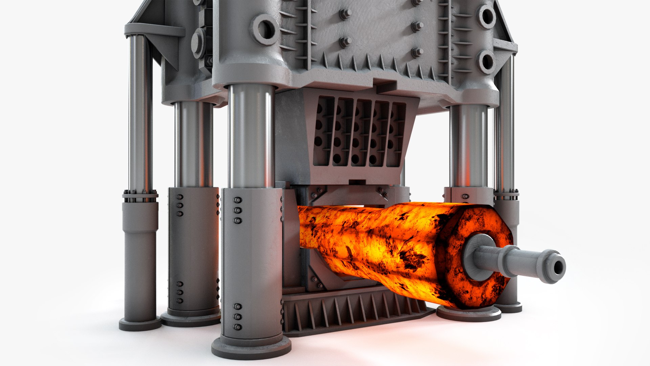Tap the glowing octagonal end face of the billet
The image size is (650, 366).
tap(474, 258)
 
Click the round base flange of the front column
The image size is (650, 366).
tap(251, 347)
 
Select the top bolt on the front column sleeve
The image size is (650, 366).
tap(237, 200)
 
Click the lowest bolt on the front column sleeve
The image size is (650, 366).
tap(237, 327)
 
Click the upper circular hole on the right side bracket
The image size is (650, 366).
tap(487, 16)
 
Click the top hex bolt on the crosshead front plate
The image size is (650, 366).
tap(345, 14)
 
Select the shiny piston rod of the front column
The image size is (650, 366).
tap(251, 136)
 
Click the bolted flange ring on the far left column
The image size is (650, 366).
tap(140, 196)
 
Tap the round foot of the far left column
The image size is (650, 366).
tap(140, 324)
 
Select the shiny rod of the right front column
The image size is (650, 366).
tap(469, 146)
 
